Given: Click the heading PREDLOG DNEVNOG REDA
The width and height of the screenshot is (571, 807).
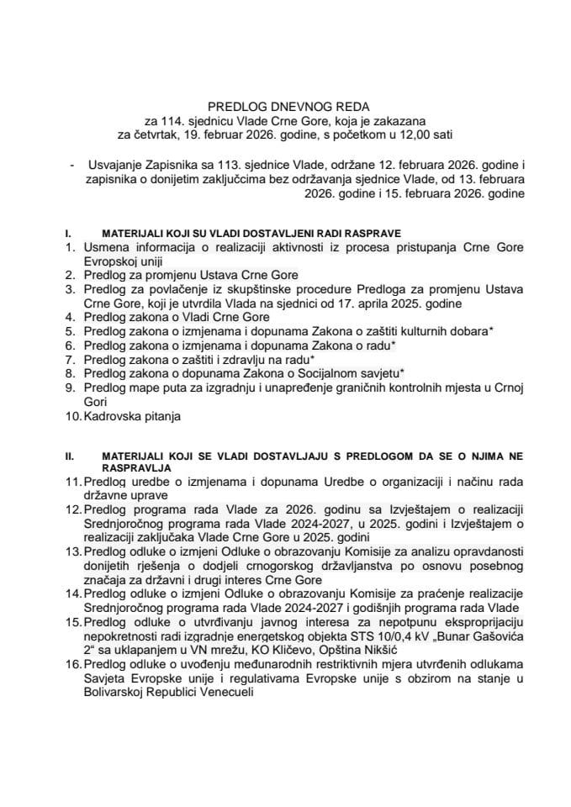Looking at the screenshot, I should [x=285, y=107].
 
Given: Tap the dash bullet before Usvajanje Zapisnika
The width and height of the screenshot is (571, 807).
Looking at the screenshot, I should [x=73, y=167].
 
